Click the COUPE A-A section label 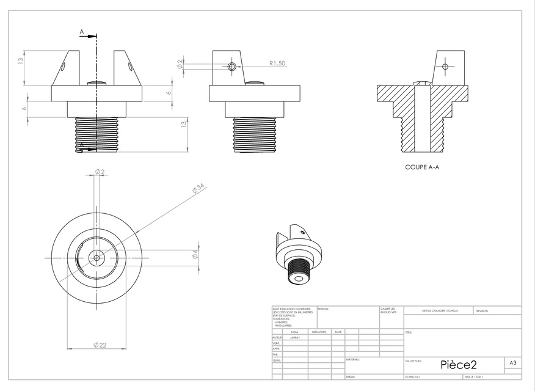pos(422,167)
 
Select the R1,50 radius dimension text pos(278,63)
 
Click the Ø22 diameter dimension pos(100,345)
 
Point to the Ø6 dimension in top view pos(195,254)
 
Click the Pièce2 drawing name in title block pos(458,365)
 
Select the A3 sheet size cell pos(514,363)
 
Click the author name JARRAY pos(295,337)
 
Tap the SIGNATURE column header pos(319,332)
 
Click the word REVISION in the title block pos(482,312)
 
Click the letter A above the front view pos(82,31)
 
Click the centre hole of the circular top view pos(96,258)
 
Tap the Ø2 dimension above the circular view pos(100,172)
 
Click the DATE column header pos(338,332)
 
